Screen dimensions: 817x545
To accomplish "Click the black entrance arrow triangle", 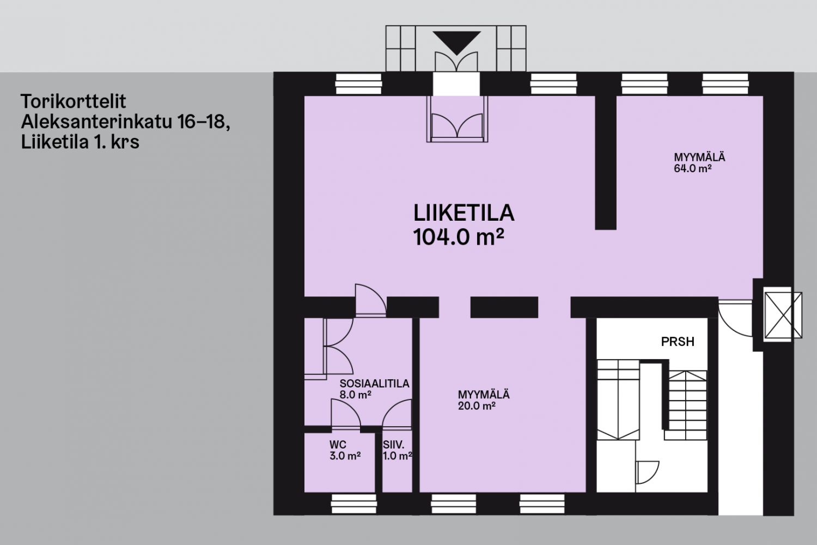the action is (x=456, y=43).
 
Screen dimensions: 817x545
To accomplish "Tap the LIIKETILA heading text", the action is (x=464, y=213).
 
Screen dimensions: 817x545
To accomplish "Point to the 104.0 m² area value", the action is (x=459, y=237).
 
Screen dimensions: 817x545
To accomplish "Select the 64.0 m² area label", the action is (x=693, y=168).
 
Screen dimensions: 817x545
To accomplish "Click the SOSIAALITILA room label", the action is (x=374, y=384).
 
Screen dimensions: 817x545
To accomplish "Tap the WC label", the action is (x=338, y=445).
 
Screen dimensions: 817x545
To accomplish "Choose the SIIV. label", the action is (x=394, y=445).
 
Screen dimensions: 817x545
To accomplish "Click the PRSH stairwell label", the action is (x=678, y=342).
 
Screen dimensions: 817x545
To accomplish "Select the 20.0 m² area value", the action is (x=477, y=406).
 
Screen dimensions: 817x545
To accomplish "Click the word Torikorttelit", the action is (x=74, y=101).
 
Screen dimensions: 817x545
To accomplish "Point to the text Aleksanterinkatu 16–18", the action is (x=125, y=122).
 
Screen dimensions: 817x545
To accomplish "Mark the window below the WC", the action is (x=354, y=504).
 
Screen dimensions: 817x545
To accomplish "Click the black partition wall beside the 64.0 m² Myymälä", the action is (x=606, y=163).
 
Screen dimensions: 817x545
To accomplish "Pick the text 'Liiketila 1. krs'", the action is (x=80, y=142).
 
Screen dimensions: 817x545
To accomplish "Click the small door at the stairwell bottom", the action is (x=647, y=473).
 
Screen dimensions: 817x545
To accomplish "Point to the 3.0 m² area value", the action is (x=345, y=456).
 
